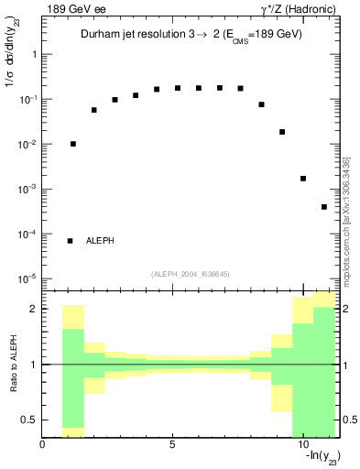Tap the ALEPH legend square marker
70,241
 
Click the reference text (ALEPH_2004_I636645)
191,272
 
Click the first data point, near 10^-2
73,144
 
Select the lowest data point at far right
324,207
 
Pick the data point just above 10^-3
303,179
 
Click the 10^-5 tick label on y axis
27,278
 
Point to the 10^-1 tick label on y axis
27,99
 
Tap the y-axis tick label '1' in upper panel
33,54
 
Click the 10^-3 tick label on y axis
27,189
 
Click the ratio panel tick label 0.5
28,420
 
